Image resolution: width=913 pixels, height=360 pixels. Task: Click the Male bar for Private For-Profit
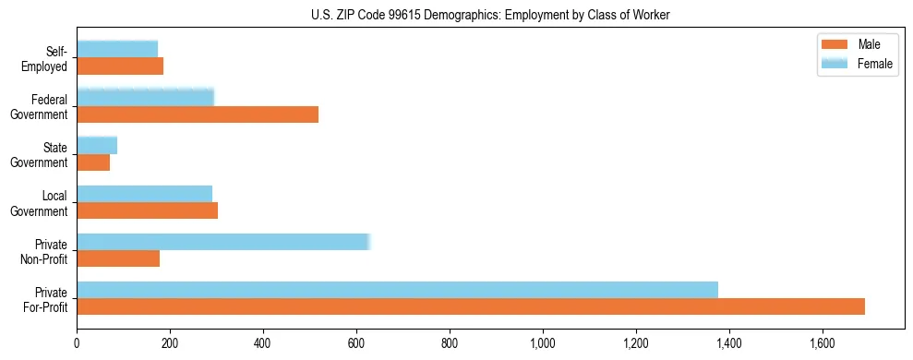pos(471,306)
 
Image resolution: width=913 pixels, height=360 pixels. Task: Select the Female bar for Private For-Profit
pos(397,290)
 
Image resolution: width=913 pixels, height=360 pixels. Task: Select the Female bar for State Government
pos(97,145)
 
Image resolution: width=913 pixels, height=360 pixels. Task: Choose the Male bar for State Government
pos(93,162)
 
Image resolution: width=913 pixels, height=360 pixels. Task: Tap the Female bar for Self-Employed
pos(117,49)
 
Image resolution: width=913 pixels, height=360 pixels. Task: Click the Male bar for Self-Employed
pos(120,66)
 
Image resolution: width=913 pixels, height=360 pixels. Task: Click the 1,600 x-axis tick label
pos(823,343)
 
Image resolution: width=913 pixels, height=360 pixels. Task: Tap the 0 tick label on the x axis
pos(77,343)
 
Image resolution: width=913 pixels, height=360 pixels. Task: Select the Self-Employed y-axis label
pos(47,58)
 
